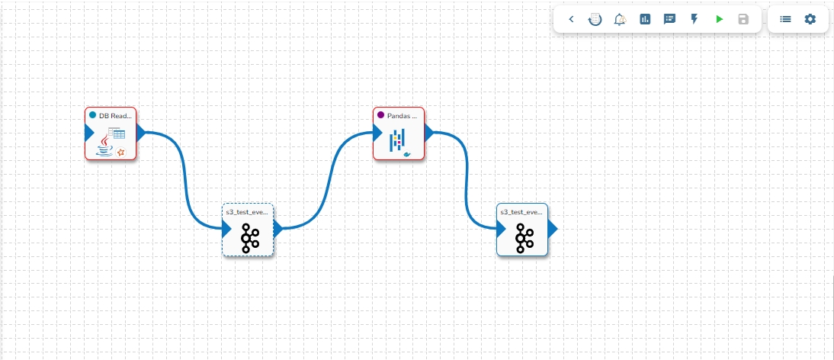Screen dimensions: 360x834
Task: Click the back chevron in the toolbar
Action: point(572,19)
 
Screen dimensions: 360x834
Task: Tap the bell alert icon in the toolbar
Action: point(620,19)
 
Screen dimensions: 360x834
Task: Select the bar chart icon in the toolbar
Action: point(645,19)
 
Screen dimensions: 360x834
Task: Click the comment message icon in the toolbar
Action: point(669,19)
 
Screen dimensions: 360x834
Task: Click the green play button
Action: point(719,19)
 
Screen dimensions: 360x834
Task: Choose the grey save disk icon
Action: point(743,19)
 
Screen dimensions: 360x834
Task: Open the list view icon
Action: point(785,19)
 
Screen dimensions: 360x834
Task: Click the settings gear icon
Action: point(810,19)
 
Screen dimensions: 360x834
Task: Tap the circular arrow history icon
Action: point(595,19)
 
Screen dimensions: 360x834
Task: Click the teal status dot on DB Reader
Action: point(93,115)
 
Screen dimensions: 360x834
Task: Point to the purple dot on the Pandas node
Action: point(381,115)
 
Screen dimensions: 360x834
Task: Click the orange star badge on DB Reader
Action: point(120,152)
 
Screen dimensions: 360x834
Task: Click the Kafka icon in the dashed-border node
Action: point(249,238)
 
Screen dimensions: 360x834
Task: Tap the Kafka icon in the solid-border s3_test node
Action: point(523,238)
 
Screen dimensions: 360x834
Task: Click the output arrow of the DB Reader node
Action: point(141,132)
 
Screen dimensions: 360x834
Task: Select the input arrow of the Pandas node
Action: point(377,132)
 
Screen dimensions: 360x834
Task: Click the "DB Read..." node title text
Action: point(116,115)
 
